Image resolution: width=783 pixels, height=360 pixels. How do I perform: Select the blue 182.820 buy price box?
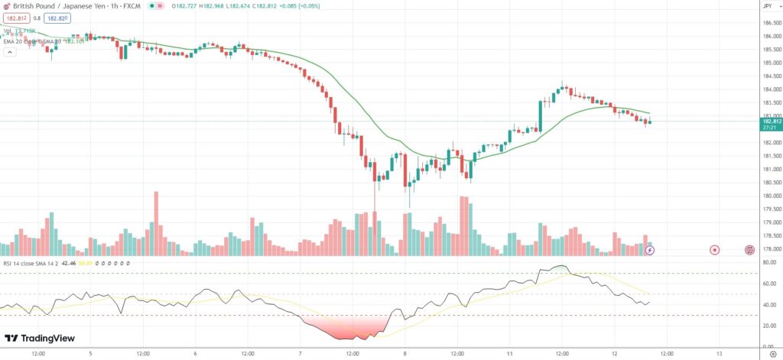click(x=57, y=18)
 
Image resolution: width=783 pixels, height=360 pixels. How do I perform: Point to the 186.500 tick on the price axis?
click(x=771, y=23)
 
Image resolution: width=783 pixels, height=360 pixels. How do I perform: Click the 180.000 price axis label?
click(x=771, y=196)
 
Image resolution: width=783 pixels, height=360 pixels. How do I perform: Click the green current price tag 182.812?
click(x=770, y=121)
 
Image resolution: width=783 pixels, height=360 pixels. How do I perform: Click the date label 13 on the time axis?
click(x=720, y=354)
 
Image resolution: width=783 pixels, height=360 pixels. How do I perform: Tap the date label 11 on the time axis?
click(x=509, y=354)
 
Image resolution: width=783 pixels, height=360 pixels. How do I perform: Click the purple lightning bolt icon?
click(x=650, y=249)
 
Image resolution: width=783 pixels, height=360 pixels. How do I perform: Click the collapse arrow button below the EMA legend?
click(x=10, y=53)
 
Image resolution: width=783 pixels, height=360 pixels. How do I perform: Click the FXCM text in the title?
click(x=135, y=6)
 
